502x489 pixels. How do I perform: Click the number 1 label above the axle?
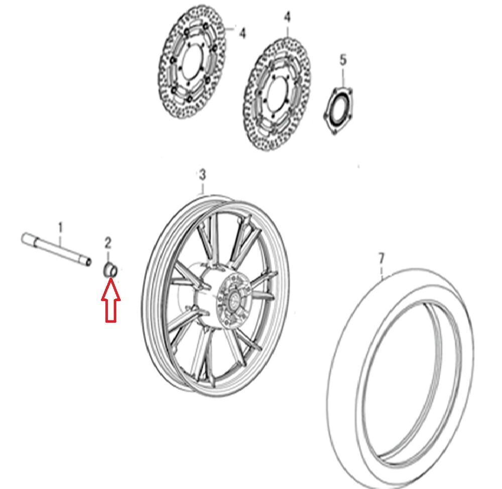[x=61, y=228]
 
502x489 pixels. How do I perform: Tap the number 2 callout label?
[x=108, y=243]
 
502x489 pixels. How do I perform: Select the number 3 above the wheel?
[x=202, y=175]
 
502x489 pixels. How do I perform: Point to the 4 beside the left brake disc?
[x=242, y=34]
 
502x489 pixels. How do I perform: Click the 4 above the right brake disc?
[x=287, y=17]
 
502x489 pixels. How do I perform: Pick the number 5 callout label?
[x=343, y=60]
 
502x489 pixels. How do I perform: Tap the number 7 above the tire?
[x=381, y=259]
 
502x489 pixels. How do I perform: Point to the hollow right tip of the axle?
[x=88, y=261]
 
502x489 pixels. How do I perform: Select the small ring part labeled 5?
[x=338, y=110]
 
